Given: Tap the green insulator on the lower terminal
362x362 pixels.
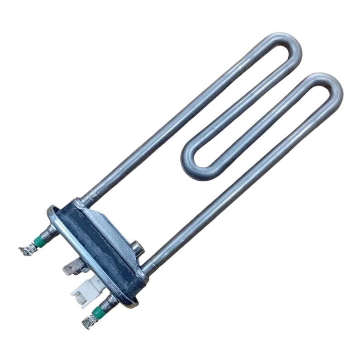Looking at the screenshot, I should coord(97,312).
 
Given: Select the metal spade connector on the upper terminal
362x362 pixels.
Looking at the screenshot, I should coord(27,248).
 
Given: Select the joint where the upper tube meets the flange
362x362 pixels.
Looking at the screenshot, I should coord(86,199).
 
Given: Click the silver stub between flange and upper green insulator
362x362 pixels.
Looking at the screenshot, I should coord(50,232).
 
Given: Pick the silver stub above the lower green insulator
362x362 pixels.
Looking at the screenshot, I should coord(106,302).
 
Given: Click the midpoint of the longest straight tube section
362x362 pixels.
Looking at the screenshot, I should coord(181,122).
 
